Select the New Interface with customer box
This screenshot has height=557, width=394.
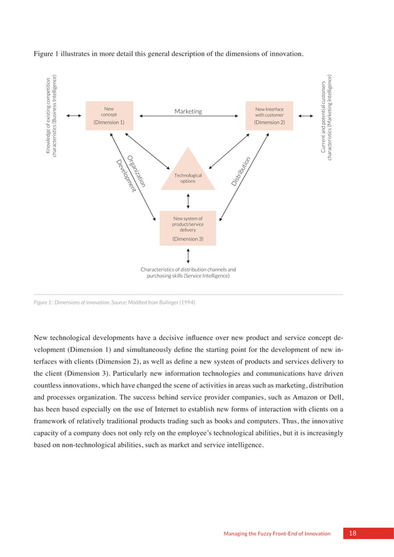click(x=269, y=115)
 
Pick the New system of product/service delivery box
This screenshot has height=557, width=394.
click(x=188, y=228)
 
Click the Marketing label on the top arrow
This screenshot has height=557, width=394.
click(x=188, y=111)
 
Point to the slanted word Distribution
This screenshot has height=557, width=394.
click(x=240, y=169)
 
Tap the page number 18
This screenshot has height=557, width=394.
click(x=352, y=534)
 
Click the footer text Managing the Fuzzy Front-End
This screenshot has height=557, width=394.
click(x=277, y=534)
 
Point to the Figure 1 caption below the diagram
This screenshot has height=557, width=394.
click(x=115, y=303)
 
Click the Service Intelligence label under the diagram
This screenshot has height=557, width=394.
click(x=188, y=272)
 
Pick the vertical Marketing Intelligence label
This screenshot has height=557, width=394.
click(x=327, y=117)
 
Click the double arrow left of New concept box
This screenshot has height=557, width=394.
click(x=74, y=115)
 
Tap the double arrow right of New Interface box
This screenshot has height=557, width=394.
click(x=305, y=115)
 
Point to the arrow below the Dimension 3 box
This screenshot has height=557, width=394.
click(x=188, y=255)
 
